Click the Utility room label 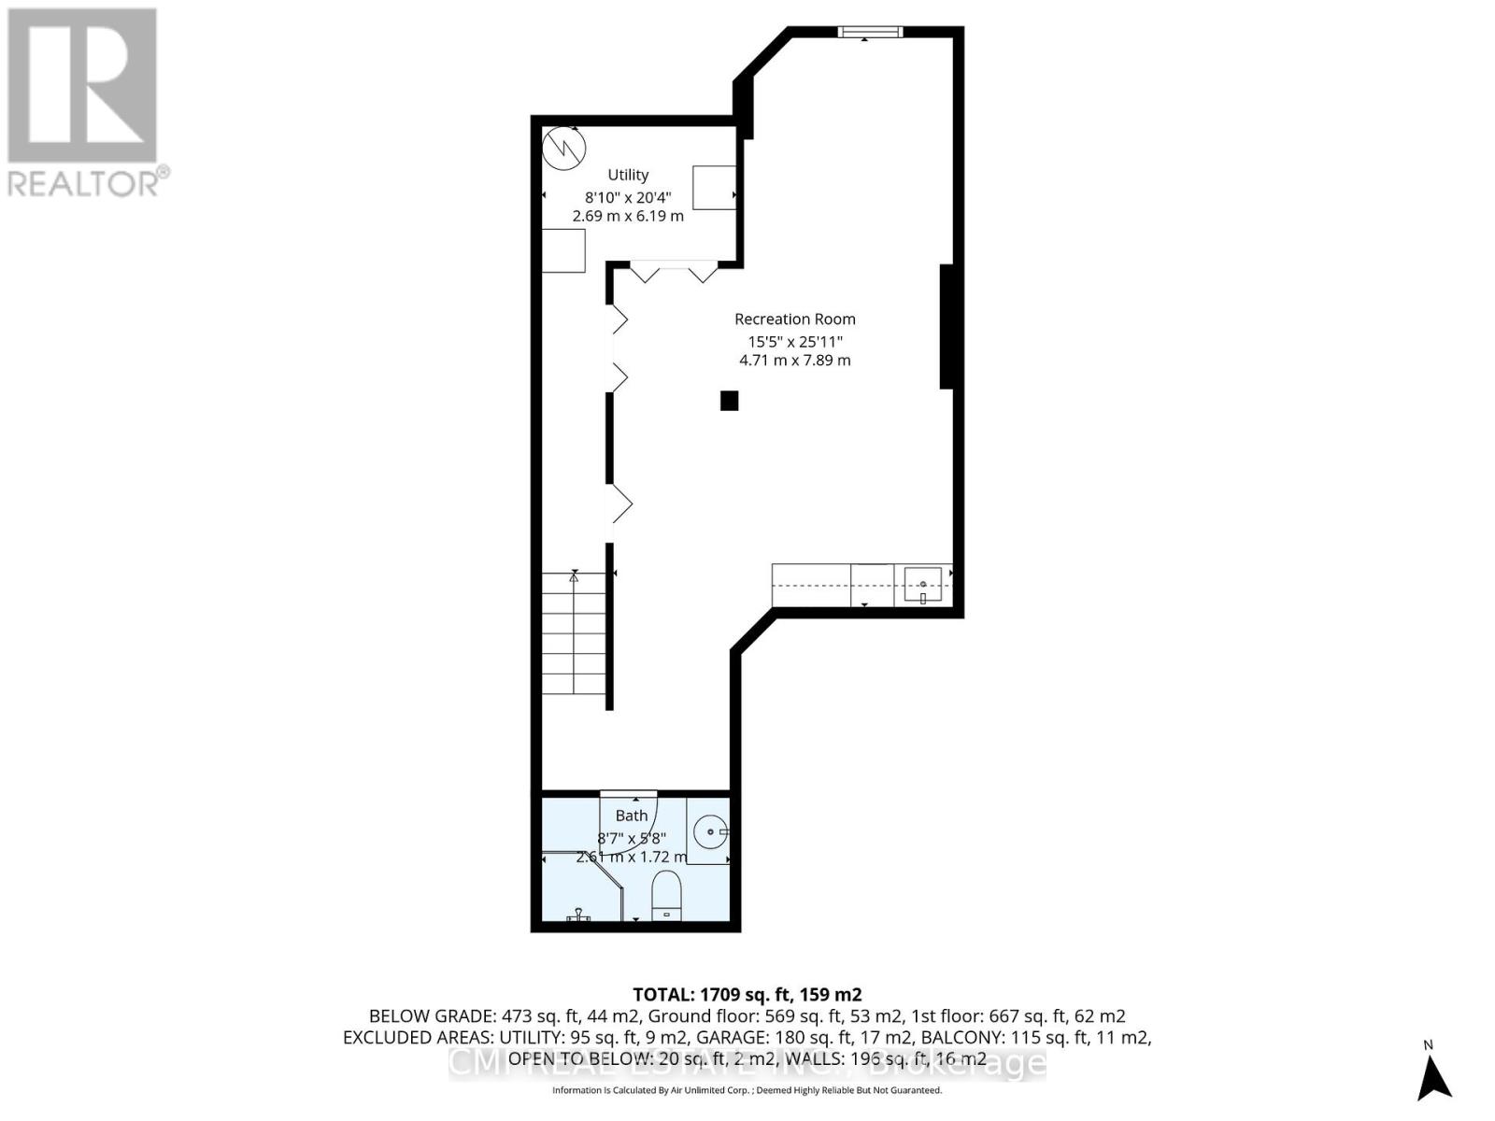tap(628, 175)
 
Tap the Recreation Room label tap(794, 319)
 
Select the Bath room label tap(632, 816)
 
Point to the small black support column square tap(729, 401)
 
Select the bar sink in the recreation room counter tap(922, 585)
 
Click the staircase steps tap(575, 635)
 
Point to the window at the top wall tap(870, 33)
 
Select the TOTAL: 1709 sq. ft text tap(747, 995)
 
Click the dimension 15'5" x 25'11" tap(794, 341)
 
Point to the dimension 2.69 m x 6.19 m tap(628, 216)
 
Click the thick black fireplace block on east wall tap(946, 326)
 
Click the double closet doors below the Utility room tap(674, 273)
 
